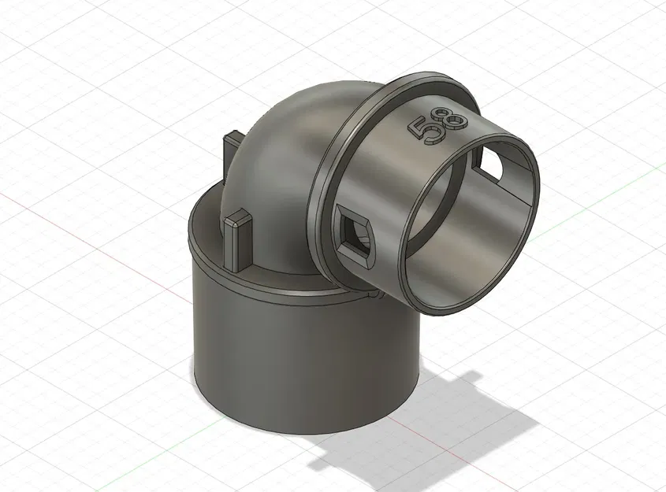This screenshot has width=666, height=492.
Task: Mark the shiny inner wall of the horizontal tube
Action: (473, 236)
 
